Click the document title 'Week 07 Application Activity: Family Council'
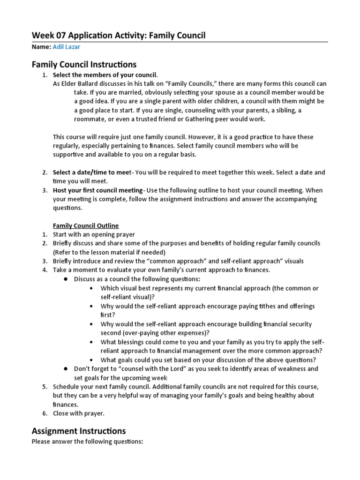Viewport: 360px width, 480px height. coord(118,36)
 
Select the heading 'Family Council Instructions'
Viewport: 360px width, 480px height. coord(84,64)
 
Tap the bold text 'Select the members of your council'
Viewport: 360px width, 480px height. coord(105,75)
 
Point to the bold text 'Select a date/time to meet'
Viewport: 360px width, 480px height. coord(92,172)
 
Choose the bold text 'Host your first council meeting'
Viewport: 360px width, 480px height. coord(97,190)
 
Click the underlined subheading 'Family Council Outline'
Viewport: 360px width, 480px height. coord(86,225)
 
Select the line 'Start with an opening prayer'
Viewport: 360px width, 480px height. coord(94,234)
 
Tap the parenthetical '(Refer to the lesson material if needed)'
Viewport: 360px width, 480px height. coord(109,252)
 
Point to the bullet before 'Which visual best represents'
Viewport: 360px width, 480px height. coord(91,288)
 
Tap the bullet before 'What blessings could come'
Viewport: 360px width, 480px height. coord(91,342)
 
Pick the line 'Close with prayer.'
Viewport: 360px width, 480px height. coord(79,413)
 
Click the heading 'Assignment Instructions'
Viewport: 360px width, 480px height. coord(78,431)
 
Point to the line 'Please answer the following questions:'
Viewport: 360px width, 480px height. coord(87,442)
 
